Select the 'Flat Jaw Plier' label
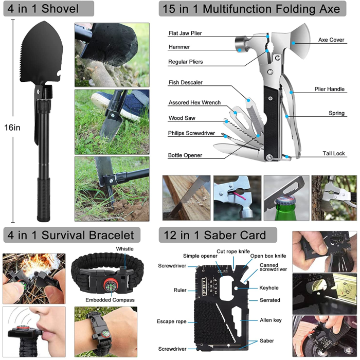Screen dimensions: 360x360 pos(185,33)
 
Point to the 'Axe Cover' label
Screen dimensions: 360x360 pos(331,40)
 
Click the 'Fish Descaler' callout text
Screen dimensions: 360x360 pos(185,82)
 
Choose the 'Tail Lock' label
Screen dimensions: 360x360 pos(333,153)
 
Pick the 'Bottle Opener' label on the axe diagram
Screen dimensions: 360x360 pos(185,155)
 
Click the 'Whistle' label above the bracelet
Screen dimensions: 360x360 pos(124,249)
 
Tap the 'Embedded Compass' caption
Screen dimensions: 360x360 pos(110,300)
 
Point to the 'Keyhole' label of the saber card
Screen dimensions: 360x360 pos(269,289)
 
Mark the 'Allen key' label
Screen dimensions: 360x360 pos(270,320)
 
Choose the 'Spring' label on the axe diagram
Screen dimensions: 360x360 pos(337,113)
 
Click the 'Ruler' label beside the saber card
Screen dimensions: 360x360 pos(179,290)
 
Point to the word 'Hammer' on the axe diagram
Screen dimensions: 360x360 pos(179,47)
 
